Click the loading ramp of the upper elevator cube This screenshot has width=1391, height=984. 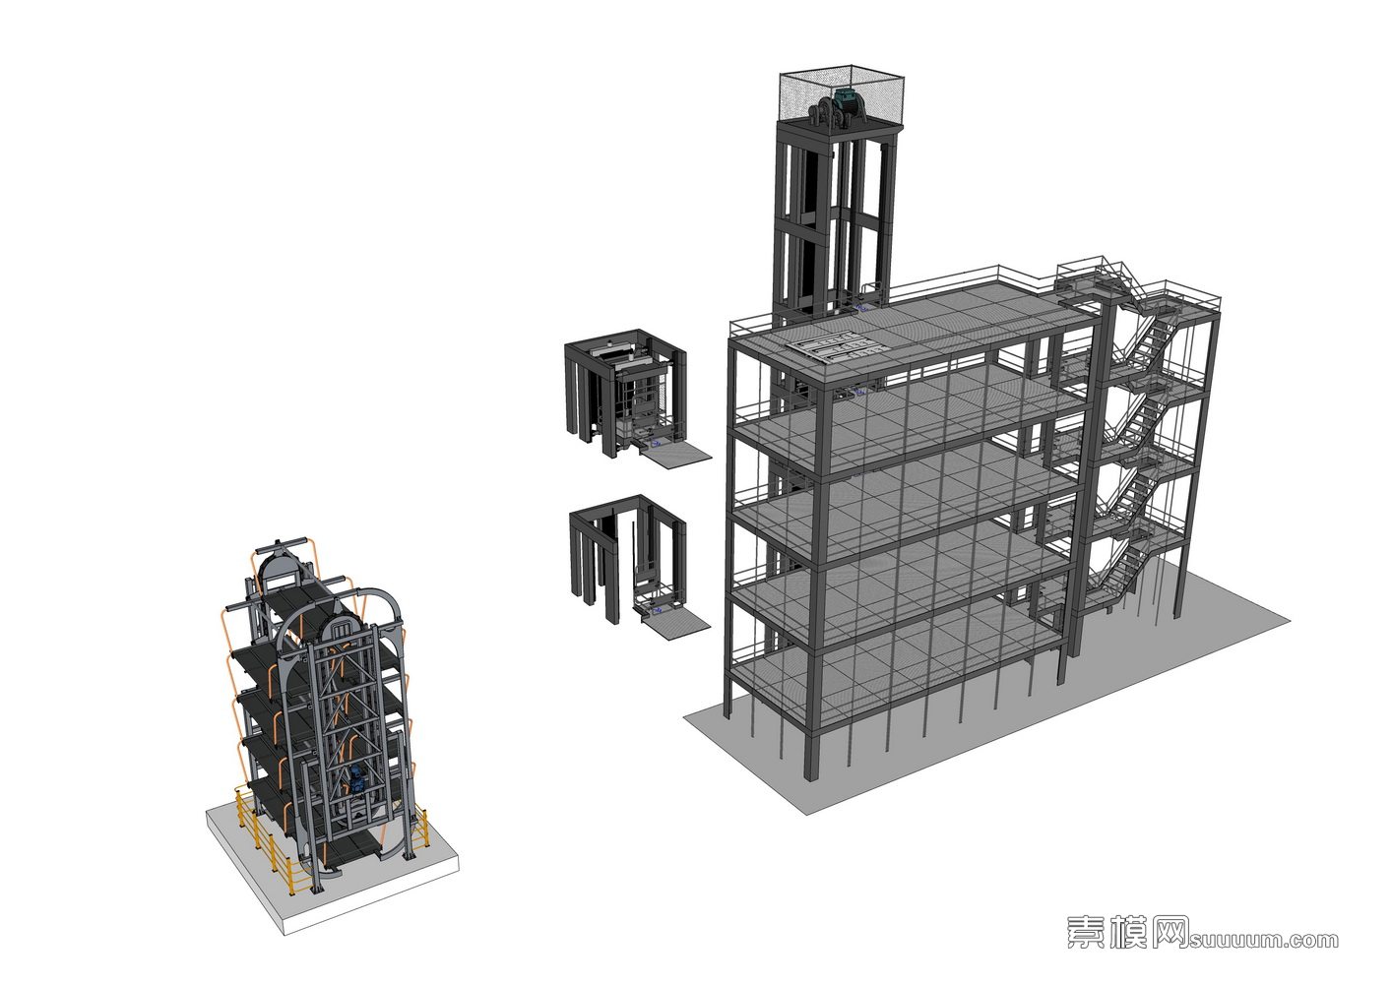(676, 457)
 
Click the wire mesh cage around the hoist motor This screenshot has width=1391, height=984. (842, 99)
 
